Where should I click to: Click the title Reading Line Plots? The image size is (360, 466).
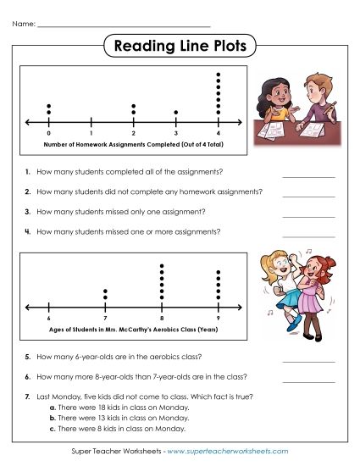[x=180, y=47]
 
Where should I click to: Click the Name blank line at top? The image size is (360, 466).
[x=124, y=26]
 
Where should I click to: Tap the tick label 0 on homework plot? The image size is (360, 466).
[x=49, y=134]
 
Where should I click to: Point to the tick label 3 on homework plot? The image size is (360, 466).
[x=176, y=134]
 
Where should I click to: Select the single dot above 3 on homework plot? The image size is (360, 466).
[x=176, y=112]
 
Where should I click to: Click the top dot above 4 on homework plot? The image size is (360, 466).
[x=219, y=75]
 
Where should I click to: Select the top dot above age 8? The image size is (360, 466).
[x=162, y=265]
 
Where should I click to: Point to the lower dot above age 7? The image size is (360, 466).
[x=106, y=297]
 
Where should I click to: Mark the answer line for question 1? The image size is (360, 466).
[x=308, y=176]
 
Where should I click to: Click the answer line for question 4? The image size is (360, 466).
[x=308, y=236]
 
